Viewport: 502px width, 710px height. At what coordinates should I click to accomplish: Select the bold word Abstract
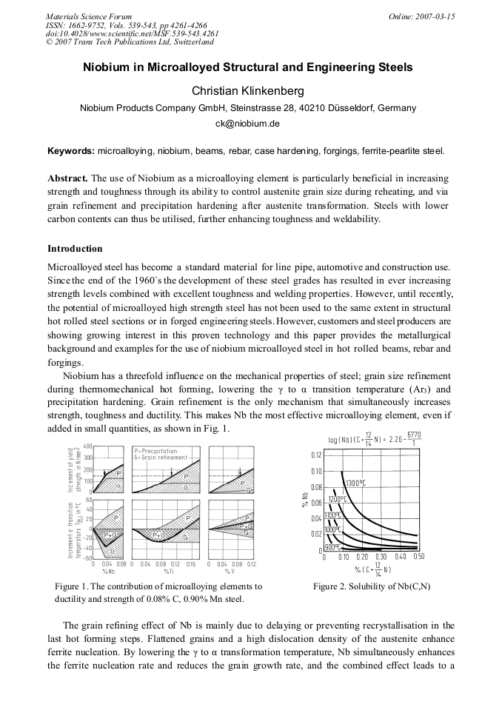[x=67, y=179]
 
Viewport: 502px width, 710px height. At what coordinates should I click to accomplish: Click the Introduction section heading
[x=75, y=248]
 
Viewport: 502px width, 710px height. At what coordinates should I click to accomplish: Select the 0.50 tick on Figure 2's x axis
[x=418, y=557]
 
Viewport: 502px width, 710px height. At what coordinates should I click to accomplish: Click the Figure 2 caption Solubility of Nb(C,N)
[x=371, y=586]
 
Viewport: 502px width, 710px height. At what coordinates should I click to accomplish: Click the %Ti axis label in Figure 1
[x=168, y=571]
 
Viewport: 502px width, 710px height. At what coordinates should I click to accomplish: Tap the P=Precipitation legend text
[x=156, y=450]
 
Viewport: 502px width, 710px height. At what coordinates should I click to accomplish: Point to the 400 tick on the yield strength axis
[x=87, y=446]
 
